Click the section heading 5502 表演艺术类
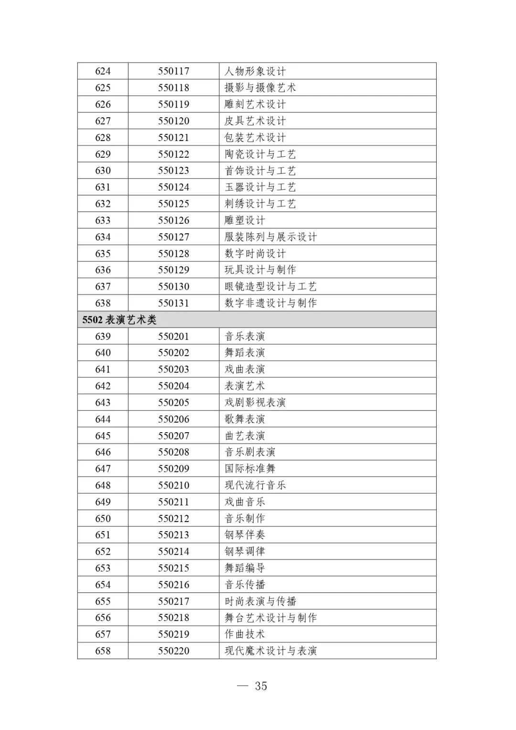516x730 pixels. pyautogui.click(x=119, y=320)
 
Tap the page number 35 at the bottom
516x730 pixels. pyautogui.click(x=260, y=686)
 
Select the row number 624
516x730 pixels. pyautogui.click(x=103, y=71)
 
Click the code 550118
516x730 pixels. pyautogui.click(x=173, y=88)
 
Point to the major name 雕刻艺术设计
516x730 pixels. pyautogui.click(x=255, y=104)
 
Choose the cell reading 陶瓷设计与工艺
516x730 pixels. pyautogui.click(x=260, y=154)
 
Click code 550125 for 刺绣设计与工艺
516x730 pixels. pyautogui.click(x=173, y=204)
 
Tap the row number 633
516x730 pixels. pyautogui.click(x=103, y=220)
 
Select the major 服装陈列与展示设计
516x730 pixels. pyautogui.click(x=270, y=237)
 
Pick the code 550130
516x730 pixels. pyautogui.click(x=173, y=287)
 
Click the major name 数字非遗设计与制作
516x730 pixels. pyautogui.click(x=270, y=303)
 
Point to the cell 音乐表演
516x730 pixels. pyautogui.click(x=245, y=337)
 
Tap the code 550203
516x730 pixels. pyautogui.click(x=173, y=370)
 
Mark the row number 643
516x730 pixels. pyautogui.click(x=103, y=403)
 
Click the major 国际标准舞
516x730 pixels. pyautogui.click(x=250, y=469)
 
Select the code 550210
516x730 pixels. pyautogui.click(x=173, y=485)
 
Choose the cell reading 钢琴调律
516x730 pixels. pyautogui.click(x=245, y=552)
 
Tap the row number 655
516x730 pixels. pyautogui.click(x=103, y=601)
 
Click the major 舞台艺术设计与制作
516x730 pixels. pyautogui.click(x=270, y=618)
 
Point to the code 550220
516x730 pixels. pyautogui.click(x=173, y=651)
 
